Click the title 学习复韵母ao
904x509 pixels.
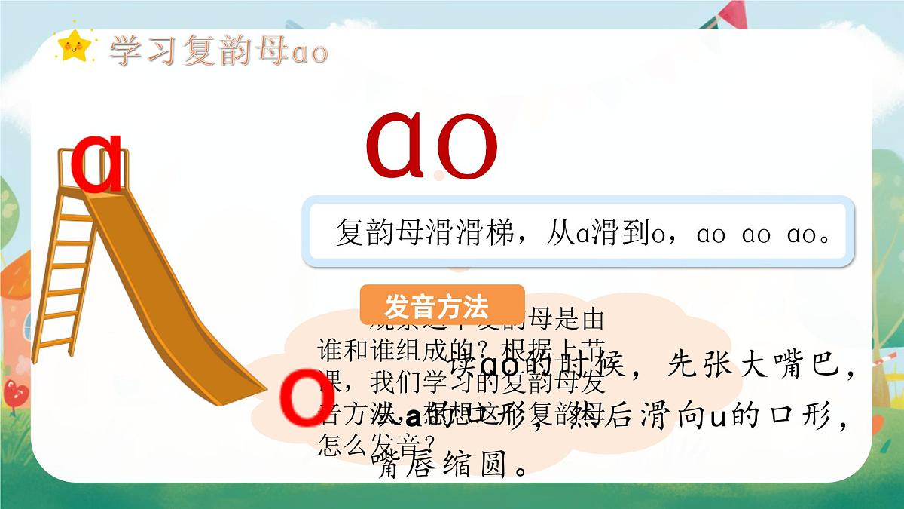[x=218, y=51]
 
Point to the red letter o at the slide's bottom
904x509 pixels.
[x=303, y=397]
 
